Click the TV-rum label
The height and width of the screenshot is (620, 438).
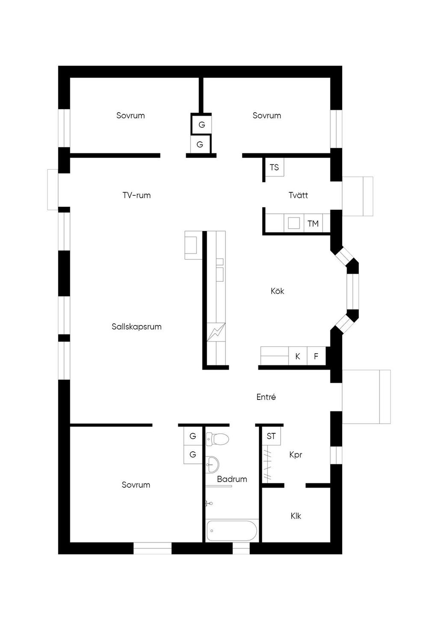click(136, 195)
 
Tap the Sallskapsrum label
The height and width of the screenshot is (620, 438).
click(136, 327)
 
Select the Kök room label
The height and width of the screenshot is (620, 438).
click(277, 291)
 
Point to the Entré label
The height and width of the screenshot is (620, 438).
click(266, 397)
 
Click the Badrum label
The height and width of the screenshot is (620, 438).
click(232, 479)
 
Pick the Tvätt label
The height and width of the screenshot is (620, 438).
click(299, 195)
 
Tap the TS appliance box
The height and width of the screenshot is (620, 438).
click(275, 167)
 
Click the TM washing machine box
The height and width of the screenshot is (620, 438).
click(313, 224)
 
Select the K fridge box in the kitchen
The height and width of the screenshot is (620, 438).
click(298, 356)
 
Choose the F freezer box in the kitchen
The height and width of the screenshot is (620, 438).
click(317, 356)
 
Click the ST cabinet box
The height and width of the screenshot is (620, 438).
click(271, 436)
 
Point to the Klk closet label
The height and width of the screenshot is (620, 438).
click(296, 516)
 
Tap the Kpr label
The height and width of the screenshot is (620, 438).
click(296, 455)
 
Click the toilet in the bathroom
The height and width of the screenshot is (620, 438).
click(217, 439)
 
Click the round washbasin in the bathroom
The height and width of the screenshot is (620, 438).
click(213, 465)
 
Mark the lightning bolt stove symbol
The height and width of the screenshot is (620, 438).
click(216, 332)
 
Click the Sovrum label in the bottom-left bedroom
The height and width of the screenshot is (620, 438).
click(136, 485)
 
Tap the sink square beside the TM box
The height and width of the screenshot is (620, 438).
click(294, 223)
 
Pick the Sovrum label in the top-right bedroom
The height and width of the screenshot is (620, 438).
click(267, 116)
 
